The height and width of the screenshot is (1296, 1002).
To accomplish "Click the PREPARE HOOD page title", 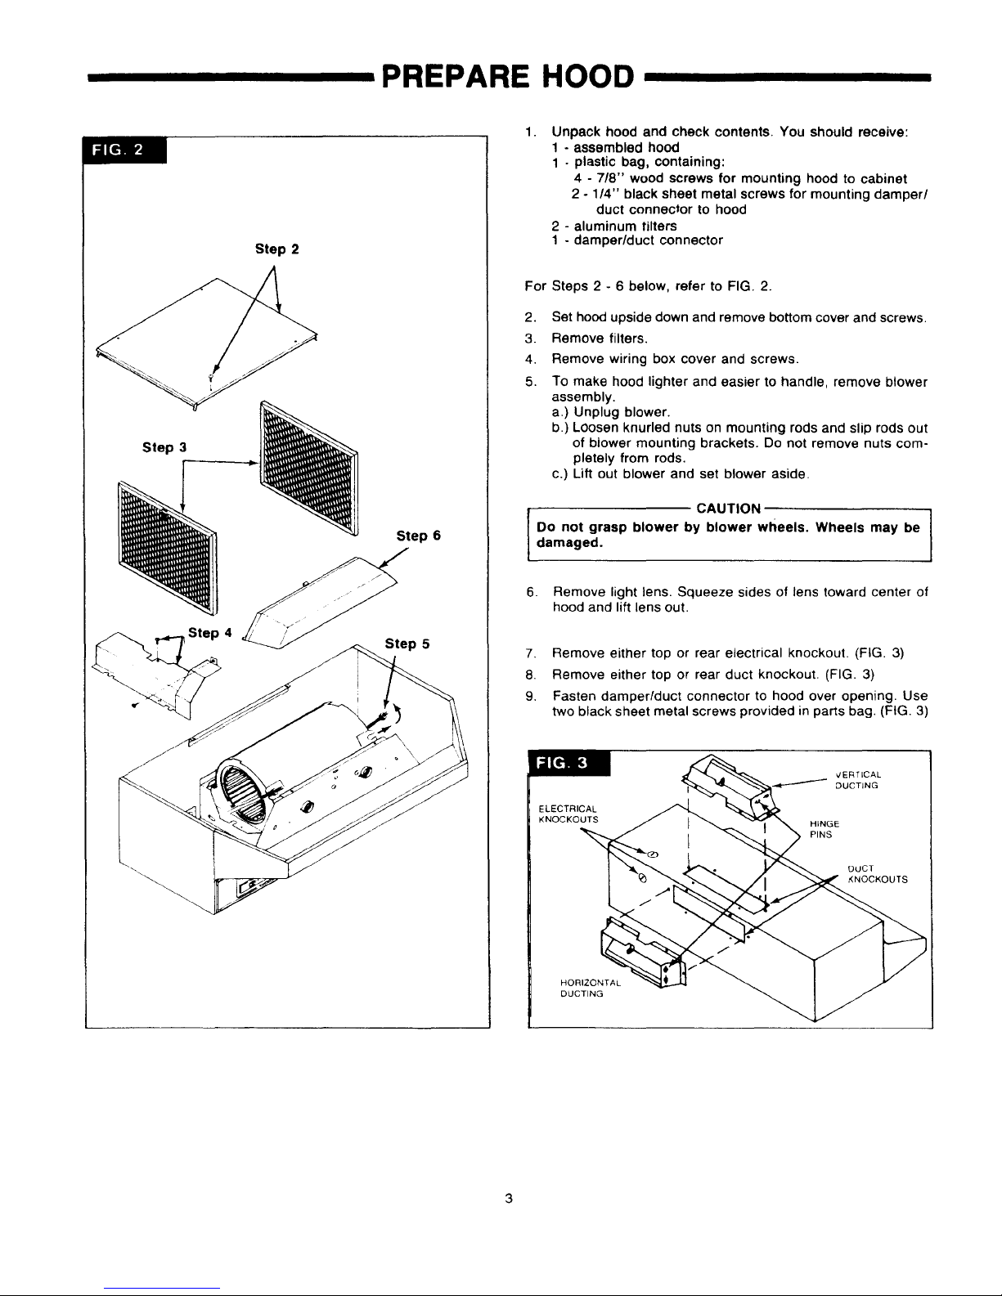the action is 508,77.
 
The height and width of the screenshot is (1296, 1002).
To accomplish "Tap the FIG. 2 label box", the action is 124,150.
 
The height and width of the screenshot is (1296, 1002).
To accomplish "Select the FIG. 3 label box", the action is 569,763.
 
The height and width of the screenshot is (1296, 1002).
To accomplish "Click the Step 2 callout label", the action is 276,249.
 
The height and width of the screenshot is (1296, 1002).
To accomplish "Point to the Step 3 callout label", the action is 164,447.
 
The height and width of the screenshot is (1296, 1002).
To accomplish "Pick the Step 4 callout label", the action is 210,633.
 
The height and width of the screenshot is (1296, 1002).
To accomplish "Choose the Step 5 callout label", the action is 407,644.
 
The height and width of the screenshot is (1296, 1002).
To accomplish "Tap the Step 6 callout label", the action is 419,536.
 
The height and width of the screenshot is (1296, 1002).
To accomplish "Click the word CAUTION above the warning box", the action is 728,509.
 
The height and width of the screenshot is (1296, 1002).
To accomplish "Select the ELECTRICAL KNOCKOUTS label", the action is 568,814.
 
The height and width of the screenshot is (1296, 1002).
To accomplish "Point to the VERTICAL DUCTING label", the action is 858,780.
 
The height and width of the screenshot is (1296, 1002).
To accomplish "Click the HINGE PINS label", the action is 825,829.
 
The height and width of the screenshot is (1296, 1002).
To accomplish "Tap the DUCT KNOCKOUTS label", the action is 878,874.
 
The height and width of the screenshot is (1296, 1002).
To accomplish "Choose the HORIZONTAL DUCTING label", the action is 590,989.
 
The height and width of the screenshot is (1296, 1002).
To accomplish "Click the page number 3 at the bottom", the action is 509,1198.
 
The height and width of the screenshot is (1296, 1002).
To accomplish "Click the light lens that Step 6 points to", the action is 320,603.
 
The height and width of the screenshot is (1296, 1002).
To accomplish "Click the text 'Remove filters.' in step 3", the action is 600,339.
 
